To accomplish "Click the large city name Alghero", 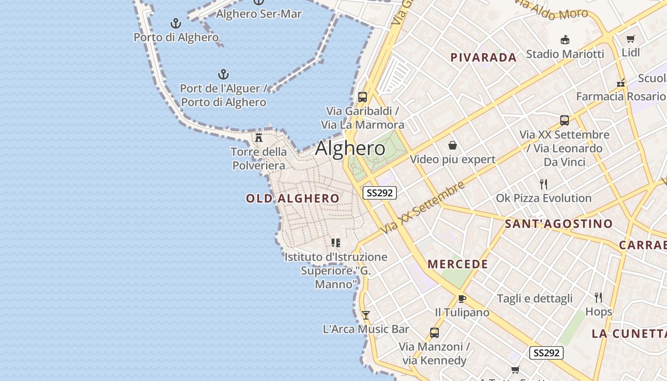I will click(x=350, y=149).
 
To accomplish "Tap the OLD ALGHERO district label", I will click(x=293, y=199).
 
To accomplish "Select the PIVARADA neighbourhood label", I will click(x=484, y=58).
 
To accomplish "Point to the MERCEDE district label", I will click(x=458, y=264).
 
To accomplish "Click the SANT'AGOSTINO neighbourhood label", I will click(x=559, y=224).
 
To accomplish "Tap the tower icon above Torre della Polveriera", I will click(x=259, y=138).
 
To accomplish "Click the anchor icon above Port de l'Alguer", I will click(x=223, y=74).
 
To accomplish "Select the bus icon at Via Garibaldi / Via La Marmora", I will click(x=363, y=97).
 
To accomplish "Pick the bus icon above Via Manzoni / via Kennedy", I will click(x=435, y=332).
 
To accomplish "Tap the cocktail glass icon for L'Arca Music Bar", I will click(x=366, y=315).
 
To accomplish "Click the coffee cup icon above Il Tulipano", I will click(x=462, y=299).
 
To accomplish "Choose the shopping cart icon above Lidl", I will click(x=631, y=39).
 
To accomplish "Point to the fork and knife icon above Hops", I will click(x=598, y=298).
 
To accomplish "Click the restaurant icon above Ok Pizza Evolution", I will click(x=544, y=184).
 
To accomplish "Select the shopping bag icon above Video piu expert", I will click(x=453, y=145).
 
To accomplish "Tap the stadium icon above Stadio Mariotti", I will click(x=565, y=40).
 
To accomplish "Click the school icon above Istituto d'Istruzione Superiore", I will click(x=336, y=243).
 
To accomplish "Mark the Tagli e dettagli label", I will click(x=535, y=299).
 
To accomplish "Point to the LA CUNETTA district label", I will click(x=629, y=334).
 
